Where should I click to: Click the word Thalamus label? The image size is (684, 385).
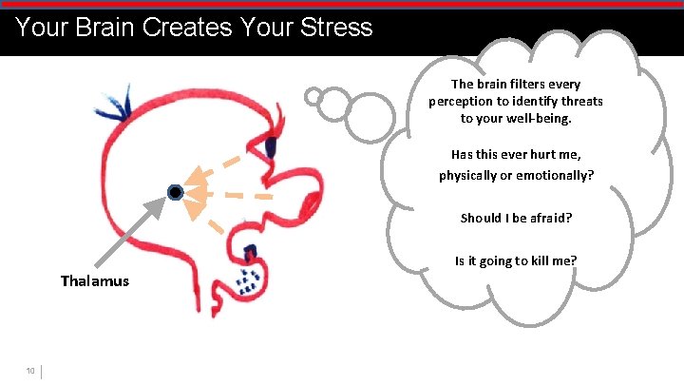[x=95, y=281]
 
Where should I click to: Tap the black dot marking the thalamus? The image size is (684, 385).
[x=175, y=193]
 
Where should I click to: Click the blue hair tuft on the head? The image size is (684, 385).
[x=119, y=103]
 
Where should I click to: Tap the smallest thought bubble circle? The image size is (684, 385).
[x=314, y=95]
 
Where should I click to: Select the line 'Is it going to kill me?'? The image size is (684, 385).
[x=516, y=260]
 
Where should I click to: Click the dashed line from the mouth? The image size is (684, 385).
[x=217, y=225]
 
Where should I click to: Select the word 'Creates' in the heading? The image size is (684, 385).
[x=186, y=27]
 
